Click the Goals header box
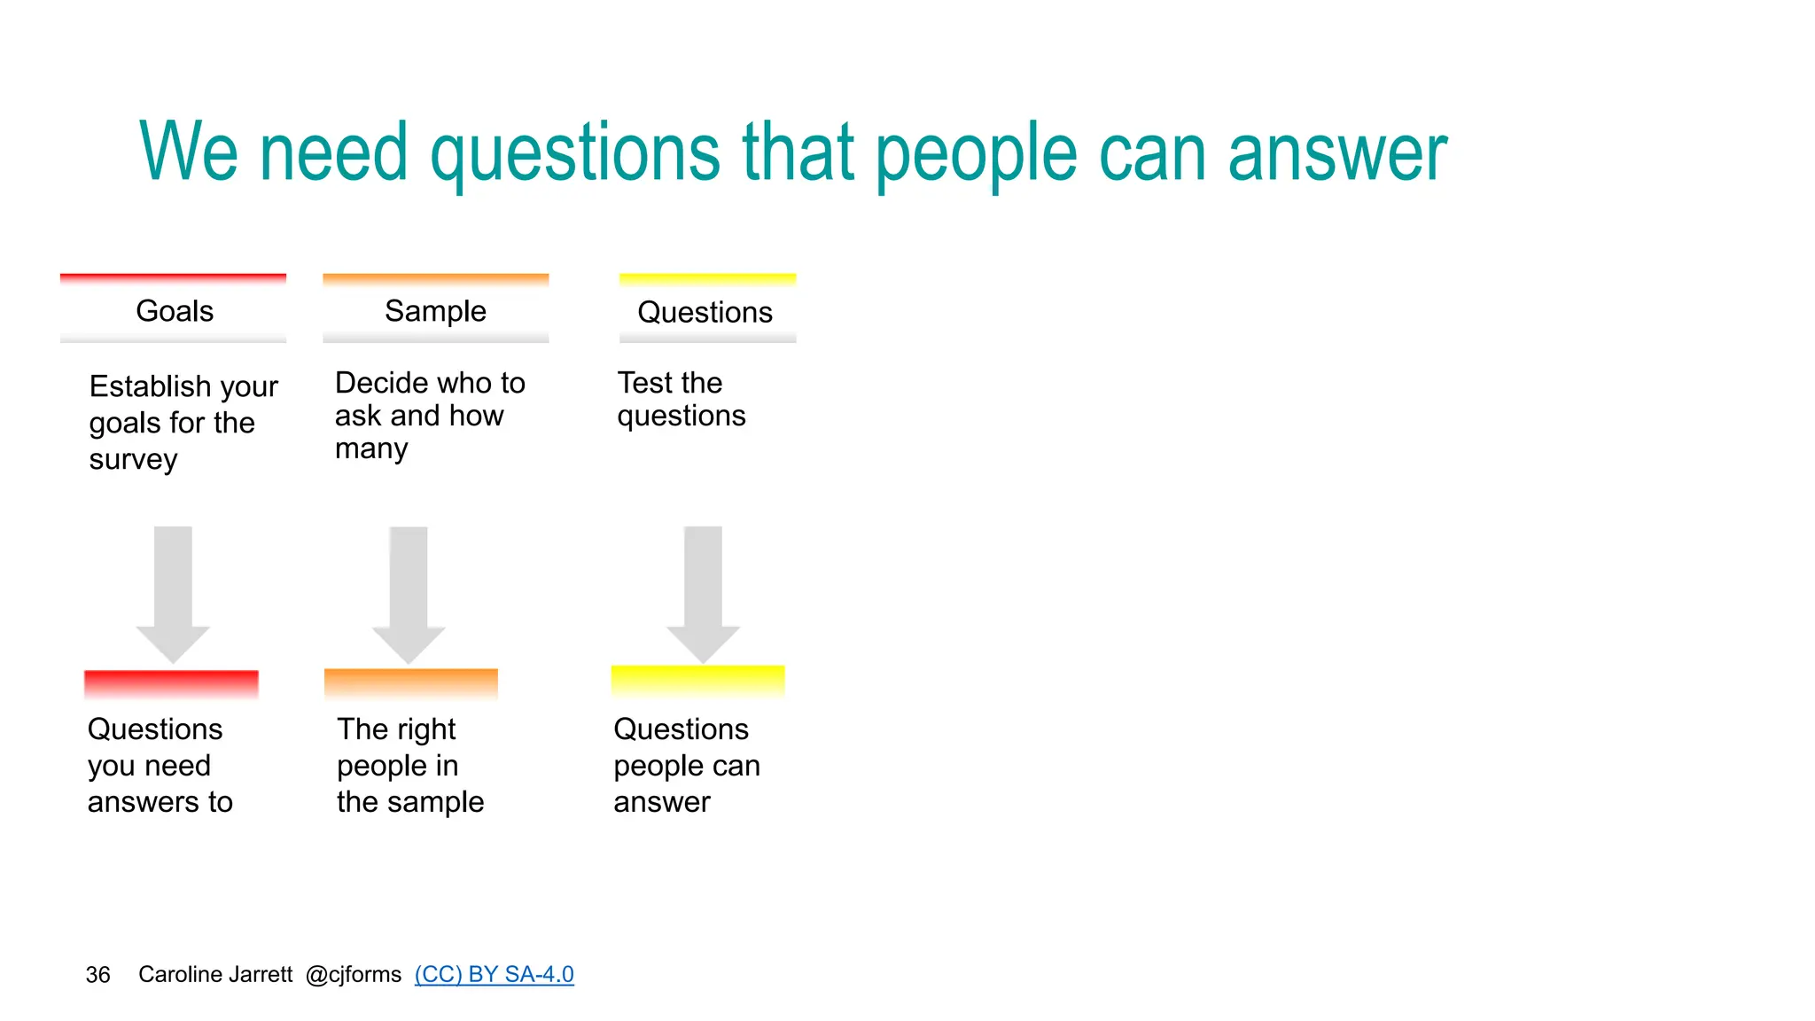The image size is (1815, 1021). (x=174, y=310)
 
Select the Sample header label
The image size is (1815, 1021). (x=435, y=310)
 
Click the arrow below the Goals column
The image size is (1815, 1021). (x=173, y=593)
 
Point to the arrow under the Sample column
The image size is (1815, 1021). (x=409, y=594)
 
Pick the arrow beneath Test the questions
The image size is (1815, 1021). (x=704, y=594)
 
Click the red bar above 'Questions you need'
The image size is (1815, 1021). (x=171, y=684)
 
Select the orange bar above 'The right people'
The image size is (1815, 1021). (x=411, y=683)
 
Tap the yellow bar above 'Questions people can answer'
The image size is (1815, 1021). (x=698, y=681)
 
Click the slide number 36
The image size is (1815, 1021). (x=97, y=975)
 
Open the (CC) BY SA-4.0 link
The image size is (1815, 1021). (x=494, y=974)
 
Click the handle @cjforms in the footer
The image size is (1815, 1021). (x=354, y=974)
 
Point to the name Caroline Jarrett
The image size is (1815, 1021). (x=215, y=974)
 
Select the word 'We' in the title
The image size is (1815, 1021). (x=189, y=152)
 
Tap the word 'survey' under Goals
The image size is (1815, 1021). (x=133, y=460)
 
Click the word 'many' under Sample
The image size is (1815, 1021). (x=371, y=449)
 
